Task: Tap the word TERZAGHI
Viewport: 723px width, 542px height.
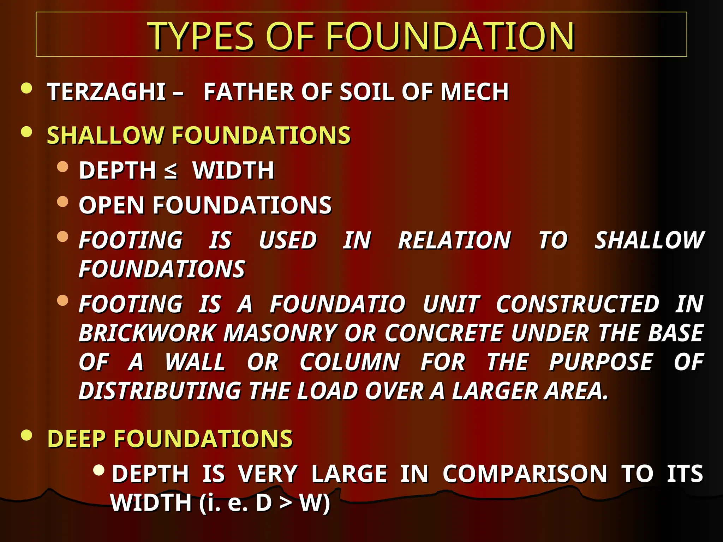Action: point(106,92)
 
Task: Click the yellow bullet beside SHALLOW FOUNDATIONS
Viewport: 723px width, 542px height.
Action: point(26,132)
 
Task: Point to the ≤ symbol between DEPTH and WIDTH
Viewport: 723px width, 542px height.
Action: point(171,171)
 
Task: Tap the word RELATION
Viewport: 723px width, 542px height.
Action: point(454,241)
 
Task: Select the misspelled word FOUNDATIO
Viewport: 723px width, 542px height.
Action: point(338,304)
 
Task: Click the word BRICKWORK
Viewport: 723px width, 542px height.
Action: point(147,333)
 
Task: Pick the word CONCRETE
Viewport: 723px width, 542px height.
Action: point(443,333)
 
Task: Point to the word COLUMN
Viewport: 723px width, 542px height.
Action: point(349,362)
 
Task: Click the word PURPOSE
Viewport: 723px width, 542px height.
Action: point(601,362)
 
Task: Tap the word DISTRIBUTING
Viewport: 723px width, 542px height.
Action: point(160,391)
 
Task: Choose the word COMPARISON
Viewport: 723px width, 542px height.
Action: point(525,474)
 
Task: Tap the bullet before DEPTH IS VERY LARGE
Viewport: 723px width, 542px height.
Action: point(99,470)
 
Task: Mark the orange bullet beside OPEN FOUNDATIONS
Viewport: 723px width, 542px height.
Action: point(62,201)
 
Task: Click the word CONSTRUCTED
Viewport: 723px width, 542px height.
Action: point(577,304)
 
